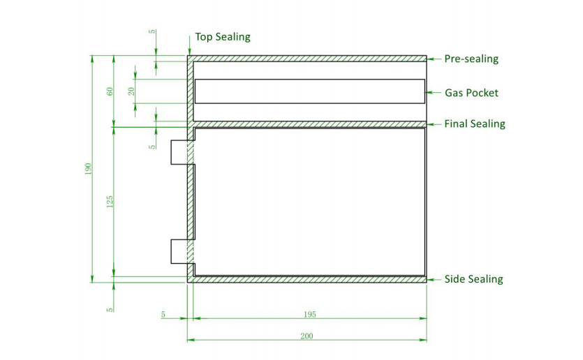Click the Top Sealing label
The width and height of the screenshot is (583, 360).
click(x=222, y=37)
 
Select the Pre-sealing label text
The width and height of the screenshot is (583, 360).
click(x=471, y=59)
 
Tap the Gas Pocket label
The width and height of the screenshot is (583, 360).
click(x=471, y=92)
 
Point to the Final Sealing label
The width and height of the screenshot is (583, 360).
click(x=475, y=124)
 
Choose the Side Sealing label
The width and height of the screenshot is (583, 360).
click(x=473, y=279)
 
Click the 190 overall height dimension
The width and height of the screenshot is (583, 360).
click(x=89, y=169)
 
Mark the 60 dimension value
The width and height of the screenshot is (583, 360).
click(x=110, y=91)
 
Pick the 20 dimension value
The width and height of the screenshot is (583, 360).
click(x=131, y=91)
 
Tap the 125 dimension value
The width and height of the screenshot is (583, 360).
click(x=110, y=202)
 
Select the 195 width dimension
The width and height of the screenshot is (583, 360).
click(x=309, y=315)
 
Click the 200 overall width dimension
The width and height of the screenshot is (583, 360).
click(x=307, y=336)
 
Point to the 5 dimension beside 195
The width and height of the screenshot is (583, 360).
click(x=163, y=315)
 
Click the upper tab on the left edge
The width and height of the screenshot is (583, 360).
click(x=179, y=152)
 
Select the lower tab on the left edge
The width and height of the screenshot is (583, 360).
click(x=179, y=251)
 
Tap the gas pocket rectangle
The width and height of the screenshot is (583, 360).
click(x=309, y=91)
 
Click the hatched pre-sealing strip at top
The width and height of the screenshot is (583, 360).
click(x=309, y=59)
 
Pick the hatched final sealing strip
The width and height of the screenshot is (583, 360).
click(x=309, y=124)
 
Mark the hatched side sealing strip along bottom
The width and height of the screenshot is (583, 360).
click(x=309, y=279)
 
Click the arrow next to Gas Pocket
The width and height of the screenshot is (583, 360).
click(x=433, y=92)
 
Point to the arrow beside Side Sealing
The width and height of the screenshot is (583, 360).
click(x=433, y=279)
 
